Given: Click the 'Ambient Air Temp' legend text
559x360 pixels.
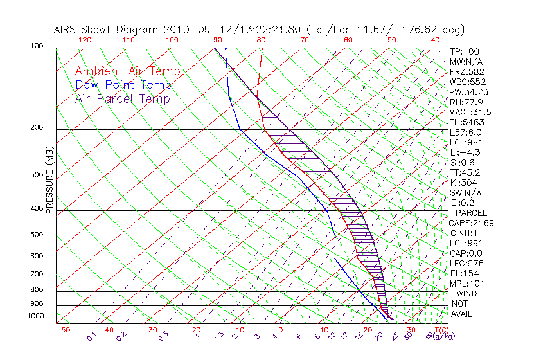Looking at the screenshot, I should tap(127, 71).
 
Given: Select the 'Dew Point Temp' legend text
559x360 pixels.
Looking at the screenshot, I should tap(123, 85).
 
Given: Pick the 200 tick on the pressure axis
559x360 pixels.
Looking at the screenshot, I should tap(37, 128).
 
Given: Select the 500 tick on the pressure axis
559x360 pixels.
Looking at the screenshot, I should tap(37, 235).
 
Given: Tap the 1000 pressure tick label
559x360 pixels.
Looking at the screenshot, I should tap(35, 316).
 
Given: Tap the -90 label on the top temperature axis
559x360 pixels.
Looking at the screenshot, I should tap(213, 40).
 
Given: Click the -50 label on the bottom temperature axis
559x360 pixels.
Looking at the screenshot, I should tap(63, 330).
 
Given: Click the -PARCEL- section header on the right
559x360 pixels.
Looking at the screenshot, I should tap(471, 213).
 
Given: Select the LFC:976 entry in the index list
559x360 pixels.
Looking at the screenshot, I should tap(466, 264).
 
